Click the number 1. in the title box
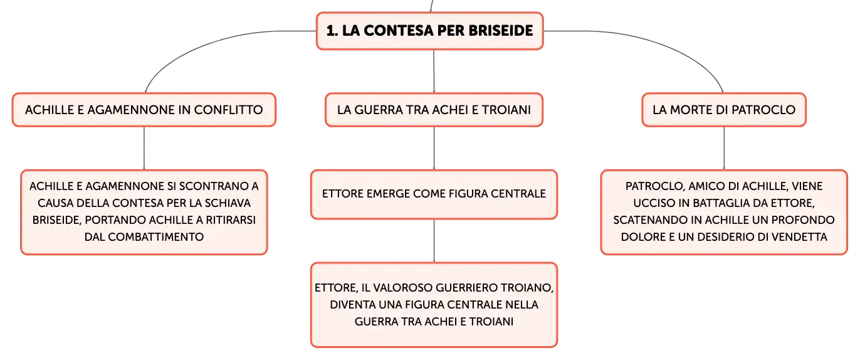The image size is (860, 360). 332,31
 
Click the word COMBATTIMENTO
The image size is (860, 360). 156,236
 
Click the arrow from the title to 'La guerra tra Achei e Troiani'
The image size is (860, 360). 434,71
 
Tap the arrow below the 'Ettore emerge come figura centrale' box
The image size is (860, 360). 434,241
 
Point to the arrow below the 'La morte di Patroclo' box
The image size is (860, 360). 724,148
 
